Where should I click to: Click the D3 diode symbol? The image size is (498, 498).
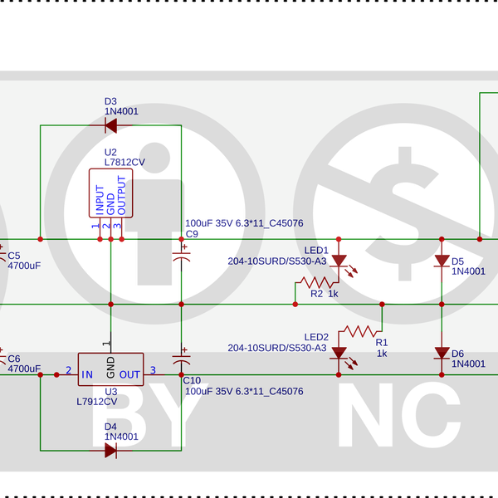click(110, 126)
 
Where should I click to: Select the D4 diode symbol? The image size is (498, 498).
click(110, 451)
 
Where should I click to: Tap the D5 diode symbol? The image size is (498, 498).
click(442, 261)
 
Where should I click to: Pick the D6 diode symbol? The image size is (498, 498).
click(442, 353)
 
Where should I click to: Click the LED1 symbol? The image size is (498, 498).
click(339, 261)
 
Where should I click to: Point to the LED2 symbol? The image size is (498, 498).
click(339, 353)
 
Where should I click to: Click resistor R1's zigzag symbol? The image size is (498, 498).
click(360, 331)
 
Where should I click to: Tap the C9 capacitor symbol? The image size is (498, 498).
click(181, 256)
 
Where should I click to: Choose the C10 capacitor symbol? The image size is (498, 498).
click(181, 361)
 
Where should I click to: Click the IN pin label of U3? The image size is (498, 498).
click(86, 374)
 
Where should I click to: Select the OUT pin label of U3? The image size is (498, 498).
click(129, 374)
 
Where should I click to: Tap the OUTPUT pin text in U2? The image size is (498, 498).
click(121, 196)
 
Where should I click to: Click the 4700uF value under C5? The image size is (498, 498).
click(24, 266)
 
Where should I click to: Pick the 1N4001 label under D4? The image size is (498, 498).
click(121, 437)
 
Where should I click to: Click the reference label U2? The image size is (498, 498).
click(110, 152)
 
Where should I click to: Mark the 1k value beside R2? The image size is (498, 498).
click(333, 294)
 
